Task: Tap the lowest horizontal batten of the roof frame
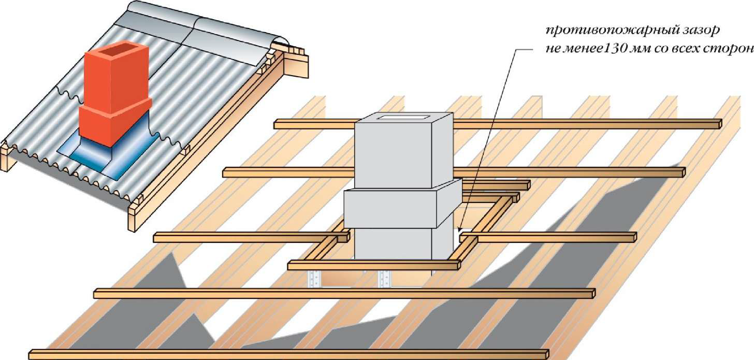287,354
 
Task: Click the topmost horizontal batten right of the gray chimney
585,124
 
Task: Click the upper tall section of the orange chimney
114,78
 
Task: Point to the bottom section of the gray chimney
394,243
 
